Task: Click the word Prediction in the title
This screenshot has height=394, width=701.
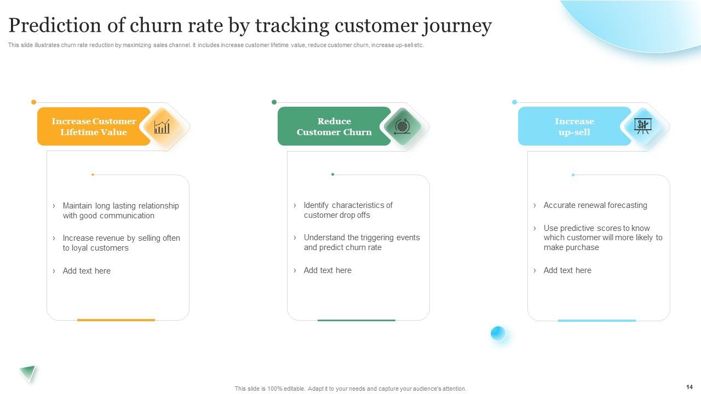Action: pos(55,25)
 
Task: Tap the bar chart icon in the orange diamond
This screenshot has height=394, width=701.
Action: pos(162,126)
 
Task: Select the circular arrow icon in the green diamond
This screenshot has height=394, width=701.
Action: pos(402,126)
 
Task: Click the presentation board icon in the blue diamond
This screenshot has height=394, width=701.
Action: pos(643,126)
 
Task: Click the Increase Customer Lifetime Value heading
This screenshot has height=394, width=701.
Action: pos(94,126)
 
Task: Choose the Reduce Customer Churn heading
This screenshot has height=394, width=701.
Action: pos(334,126)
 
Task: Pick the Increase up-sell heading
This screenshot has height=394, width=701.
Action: pos(574,126)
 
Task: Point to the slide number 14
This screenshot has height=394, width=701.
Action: pos(689,387)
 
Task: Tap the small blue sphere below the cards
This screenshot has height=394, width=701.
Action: pos(498,333)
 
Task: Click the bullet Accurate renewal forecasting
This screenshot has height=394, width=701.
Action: pos(595,205)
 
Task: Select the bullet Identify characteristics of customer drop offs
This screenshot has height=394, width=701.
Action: pos(348,210)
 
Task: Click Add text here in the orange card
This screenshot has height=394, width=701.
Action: pos(87,271)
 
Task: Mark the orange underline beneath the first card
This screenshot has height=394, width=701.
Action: pos(116,320)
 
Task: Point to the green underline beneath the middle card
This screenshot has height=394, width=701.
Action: pos(357,320)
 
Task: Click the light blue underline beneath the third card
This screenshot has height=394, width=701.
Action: pos(597,321)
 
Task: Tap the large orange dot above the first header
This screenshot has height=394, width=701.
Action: pos(34,102)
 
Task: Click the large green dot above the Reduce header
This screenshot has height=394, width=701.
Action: pos(274,102)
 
